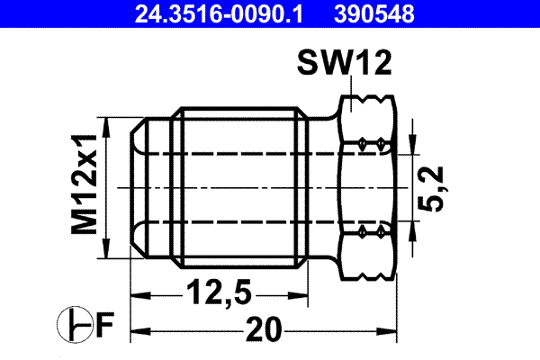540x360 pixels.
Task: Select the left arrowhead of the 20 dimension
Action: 138,330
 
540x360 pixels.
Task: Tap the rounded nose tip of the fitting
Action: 138,188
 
